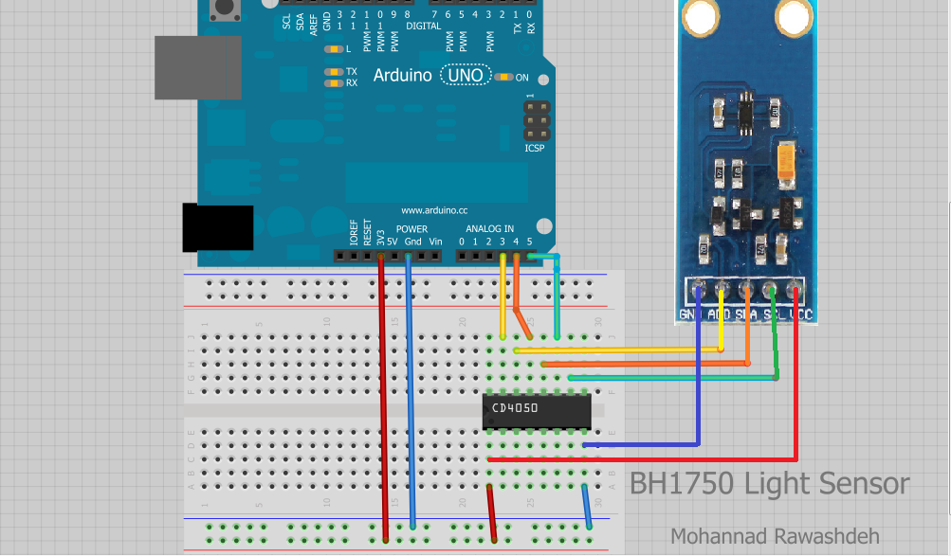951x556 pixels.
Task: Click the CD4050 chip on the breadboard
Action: point(537,409)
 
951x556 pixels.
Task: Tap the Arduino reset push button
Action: point(224,10)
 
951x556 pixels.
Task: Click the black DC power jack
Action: point(217,228)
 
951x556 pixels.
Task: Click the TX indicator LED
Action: point(333,72)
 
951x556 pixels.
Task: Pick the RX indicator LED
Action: point(333,83)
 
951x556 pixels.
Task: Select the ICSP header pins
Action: point(535,120)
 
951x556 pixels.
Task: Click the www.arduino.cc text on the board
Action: point(434,210)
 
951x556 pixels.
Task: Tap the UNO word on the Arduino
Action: point(466,75)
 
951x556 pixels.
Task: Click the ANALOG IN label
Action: point(489,229)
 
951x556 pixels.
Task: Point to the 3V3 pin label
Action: point(380,235)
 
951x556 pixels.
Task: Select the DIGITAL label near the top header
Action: point(423,27)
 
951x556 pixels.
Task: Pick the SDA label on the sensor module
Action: point(745,314)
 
